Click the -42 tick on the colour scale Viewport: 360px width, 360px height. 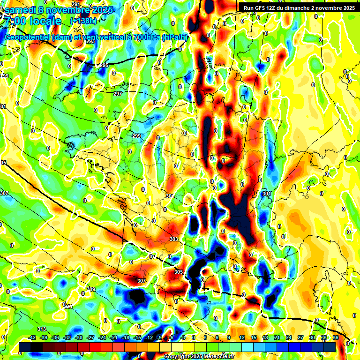(x=32, y=337)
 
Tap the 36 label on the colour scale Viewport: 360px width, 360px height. (x=336, y=337)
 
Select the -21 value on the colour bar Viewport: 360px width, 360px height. (x=113, y=337)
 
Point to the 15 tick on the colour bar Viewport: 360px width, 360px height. (x=254, y=337)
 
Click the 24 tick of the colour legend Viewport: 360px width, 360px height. (x=289, y=337)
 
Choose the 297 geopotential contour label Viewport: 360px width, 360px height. (x=118, y=94)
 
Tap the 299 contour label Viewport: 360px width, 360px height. (x=136, y=136)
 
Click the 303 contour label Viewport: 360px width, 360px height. (x=174, y=239)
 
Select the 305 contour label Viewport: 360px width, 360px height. (x=178, y=272)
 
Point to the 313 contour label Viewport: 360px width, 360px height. (x=42, y=329)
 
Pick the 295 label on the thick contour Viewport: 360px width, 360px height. (x=104, y=65)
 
